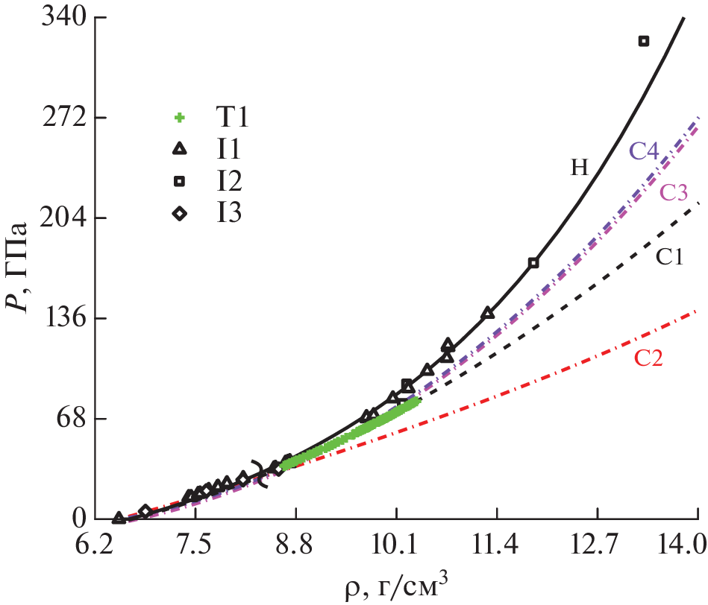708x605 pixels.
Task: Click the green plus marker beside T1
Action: tap(179, 118)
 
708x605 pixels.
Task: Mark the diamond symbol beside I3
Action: tap(179, 214)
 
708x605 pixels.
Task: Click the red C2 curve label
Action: tap(648, 358)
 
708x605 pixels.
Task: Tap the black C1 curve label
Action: tap(670, 258)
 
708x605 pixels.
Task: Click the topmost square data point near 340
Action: tap(644, 41)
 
